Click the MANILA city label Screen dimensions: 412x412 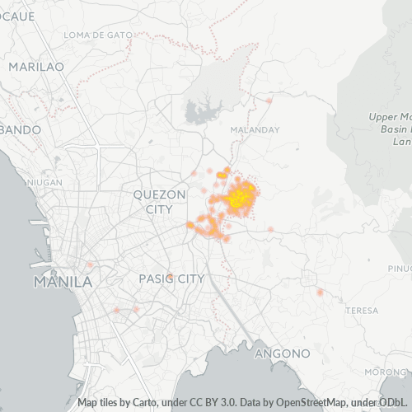63,282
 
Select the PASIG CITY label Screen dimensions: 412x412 171,279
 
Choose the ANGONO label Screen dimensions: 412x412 282,353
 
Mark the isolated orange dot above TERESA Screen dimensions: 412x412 320,292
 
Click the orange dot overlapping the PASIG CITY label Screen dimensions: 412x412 170,276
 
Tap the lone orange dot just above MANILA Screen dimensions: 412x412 88,265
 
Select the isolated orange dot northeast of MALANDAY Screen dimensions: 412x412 269,101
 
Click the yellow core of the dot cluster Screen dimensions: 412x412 240,197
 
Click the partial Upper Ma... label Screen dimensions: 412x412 391,117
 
